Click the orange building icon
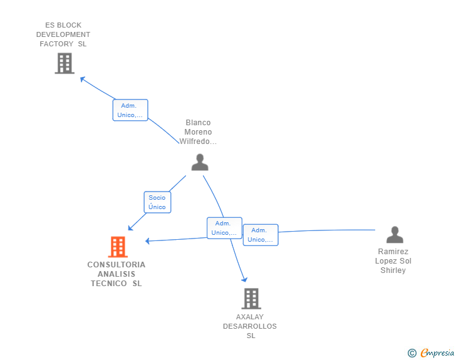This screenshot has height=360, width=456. click(118, 247)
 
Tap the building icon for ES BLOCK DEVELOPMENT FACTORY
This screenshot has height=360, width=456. click(65, 63)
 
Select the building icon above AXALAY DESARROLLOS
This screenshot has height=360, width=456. click(251, 299)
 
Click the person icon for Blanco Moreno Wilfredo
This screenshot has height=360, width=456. click(200, 162)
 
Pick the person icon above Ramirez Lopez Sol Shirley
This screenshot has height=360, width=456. click(395, 234)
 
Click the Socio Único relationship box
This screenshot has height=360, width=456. click(157, 202)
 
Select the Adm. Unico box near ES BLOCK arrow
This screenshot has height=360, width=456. click(130, 110)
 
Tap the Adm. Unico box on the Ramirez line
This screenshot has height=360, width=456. click(261, 235)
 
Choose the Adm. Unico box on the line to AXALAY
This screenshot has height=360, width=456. click(224, 228)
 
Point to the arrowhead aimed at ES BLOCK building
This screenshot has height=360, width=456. click(82, 79)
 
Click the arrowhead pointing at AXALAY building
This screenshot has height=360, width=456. click(244, 279)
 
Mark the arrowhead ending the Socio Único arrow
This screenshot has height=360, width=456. click(130, 228)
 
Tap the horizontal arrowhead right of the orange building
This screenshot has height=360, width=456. click(147, 241)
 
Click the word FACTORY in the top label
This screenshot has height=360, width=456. click(56, 44)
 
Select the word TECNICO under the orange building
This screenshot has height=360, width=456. click(109, 283)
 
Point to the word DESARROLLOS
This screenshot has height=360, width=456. click(250, 326)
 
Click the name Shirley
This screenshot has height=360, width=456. click(393, 270)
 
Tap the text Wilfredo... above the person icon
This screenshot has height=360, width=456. click(198, 141)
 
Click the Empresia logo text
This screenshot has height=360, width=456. click(437, 352)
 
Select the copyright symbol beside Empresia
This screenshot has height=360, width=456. click(412, 352)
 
